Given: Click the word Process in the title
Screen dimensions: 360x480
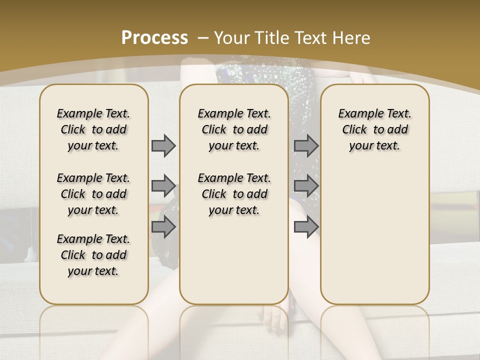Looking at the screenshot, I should [x=155, y=38].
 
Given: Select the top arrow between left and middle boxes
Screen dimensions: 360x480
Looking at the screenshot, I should [x=163, y=145].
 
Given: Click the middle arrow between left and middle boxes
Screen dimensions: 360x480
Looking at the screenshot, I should [x=163, y=186].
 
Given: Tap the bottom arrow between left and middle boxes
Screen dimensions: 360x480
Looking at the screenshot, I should [x=163, y=227].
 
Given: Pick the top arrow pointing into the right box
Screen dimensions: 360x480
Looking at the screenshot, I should [x=306, y=145].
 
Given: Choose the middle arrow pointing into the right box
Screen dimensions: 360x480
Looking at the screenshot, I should [x=306, y=186].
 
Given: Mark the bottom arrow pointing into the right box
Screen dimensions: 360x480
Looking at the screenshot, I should [x=306, y=227].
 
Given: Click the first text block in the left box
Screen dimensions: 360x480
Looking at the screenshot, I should [x=93, y=129].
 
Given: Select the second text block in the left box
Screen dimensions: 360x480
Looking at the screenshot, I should [x=93, y=194].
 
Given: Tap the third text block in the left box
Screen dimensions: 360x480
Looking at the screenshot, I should [x=93, y=255].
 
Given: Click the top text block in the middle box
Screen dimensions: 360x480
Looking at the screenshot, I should [x=234, y=129].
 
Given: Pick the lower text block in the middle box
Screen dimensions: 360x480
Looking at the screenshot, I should [x=234, y=194].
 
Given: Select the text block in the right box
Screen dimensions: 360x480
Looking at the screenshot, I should [x=374, y=129].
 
